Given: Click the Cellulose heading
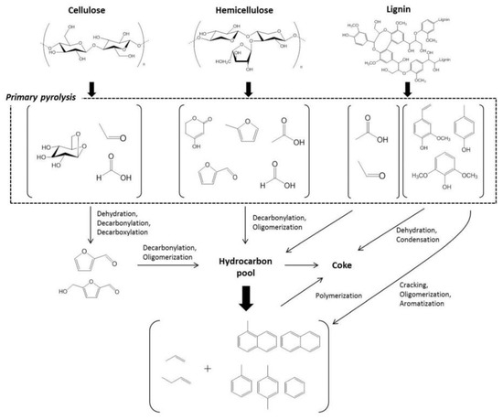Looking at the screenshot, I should (85, 9).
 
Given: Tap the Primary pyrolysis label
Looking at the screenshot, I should (47, 96).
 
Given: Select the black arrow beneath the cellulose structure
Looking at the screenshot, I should (92, 88).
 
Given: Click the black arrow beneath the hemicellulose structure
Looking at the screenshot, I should (248, 88).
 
